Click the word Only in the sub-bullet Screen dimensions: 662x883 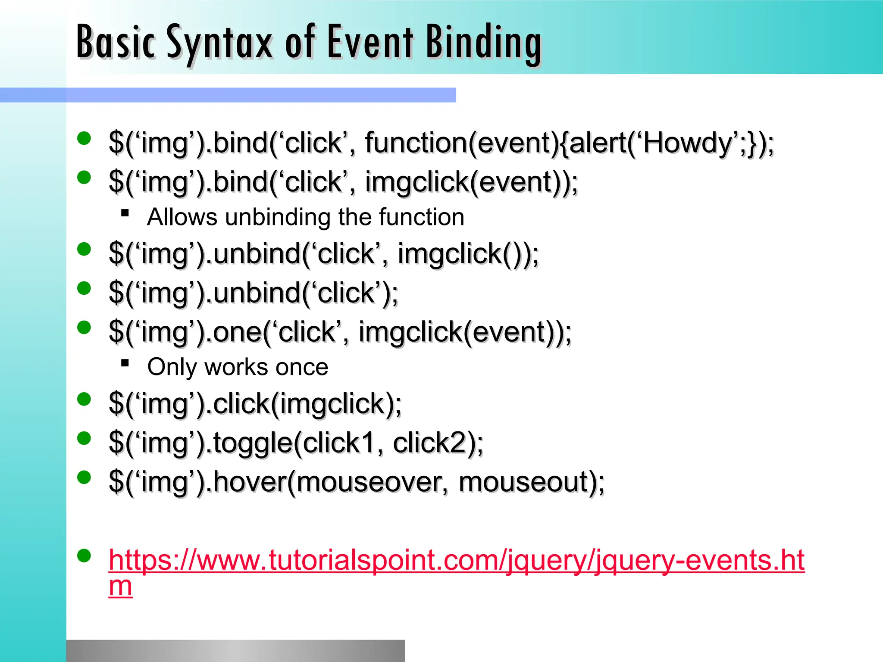(172, 367)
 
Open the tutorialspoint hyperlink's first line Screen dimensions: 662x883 (456, 560)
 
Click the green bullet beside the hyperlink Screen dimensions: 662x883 (84, 556)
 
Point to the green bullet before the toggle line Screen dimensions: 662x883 (84, 438)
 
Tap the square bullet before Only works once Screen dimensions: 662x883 (125, 363)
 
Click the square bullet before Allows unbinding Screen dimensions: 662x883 (125, 212)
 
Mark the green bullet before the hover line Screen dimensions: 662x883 (84, 478)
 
